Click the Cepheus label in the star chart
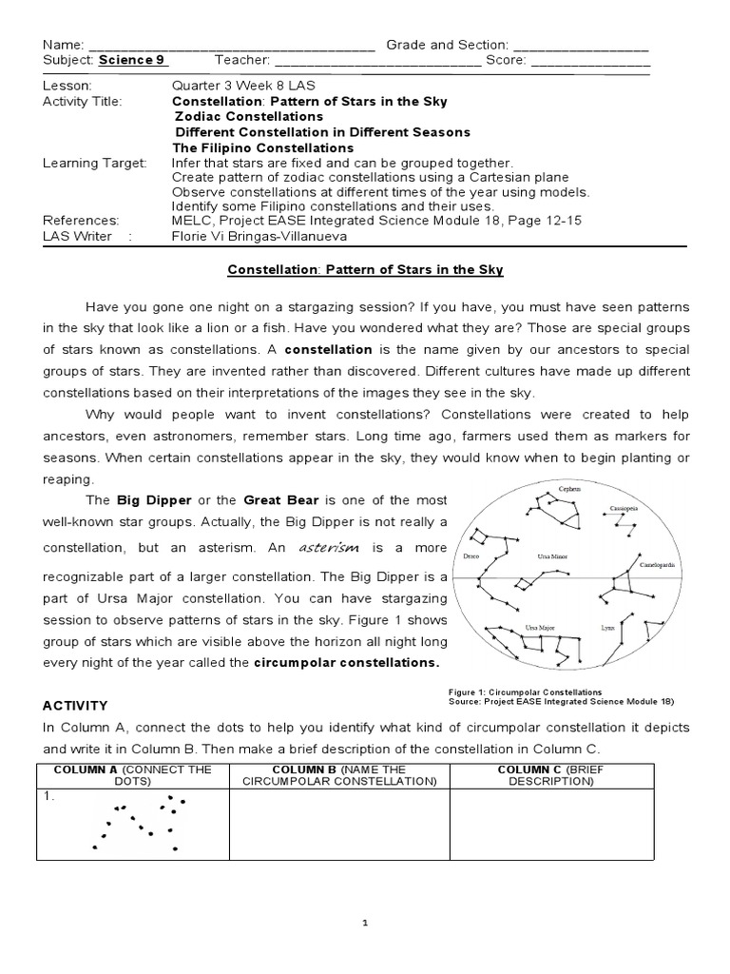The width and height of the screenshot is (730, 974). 568,488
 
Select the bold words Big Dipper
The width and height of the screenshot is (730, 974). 154,499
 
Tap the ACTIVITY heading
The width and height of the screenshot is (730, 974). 75,705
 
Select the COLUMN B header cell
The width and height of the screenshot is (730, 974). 338,775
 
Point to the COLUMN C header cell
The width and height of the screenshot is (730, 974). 551,775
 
